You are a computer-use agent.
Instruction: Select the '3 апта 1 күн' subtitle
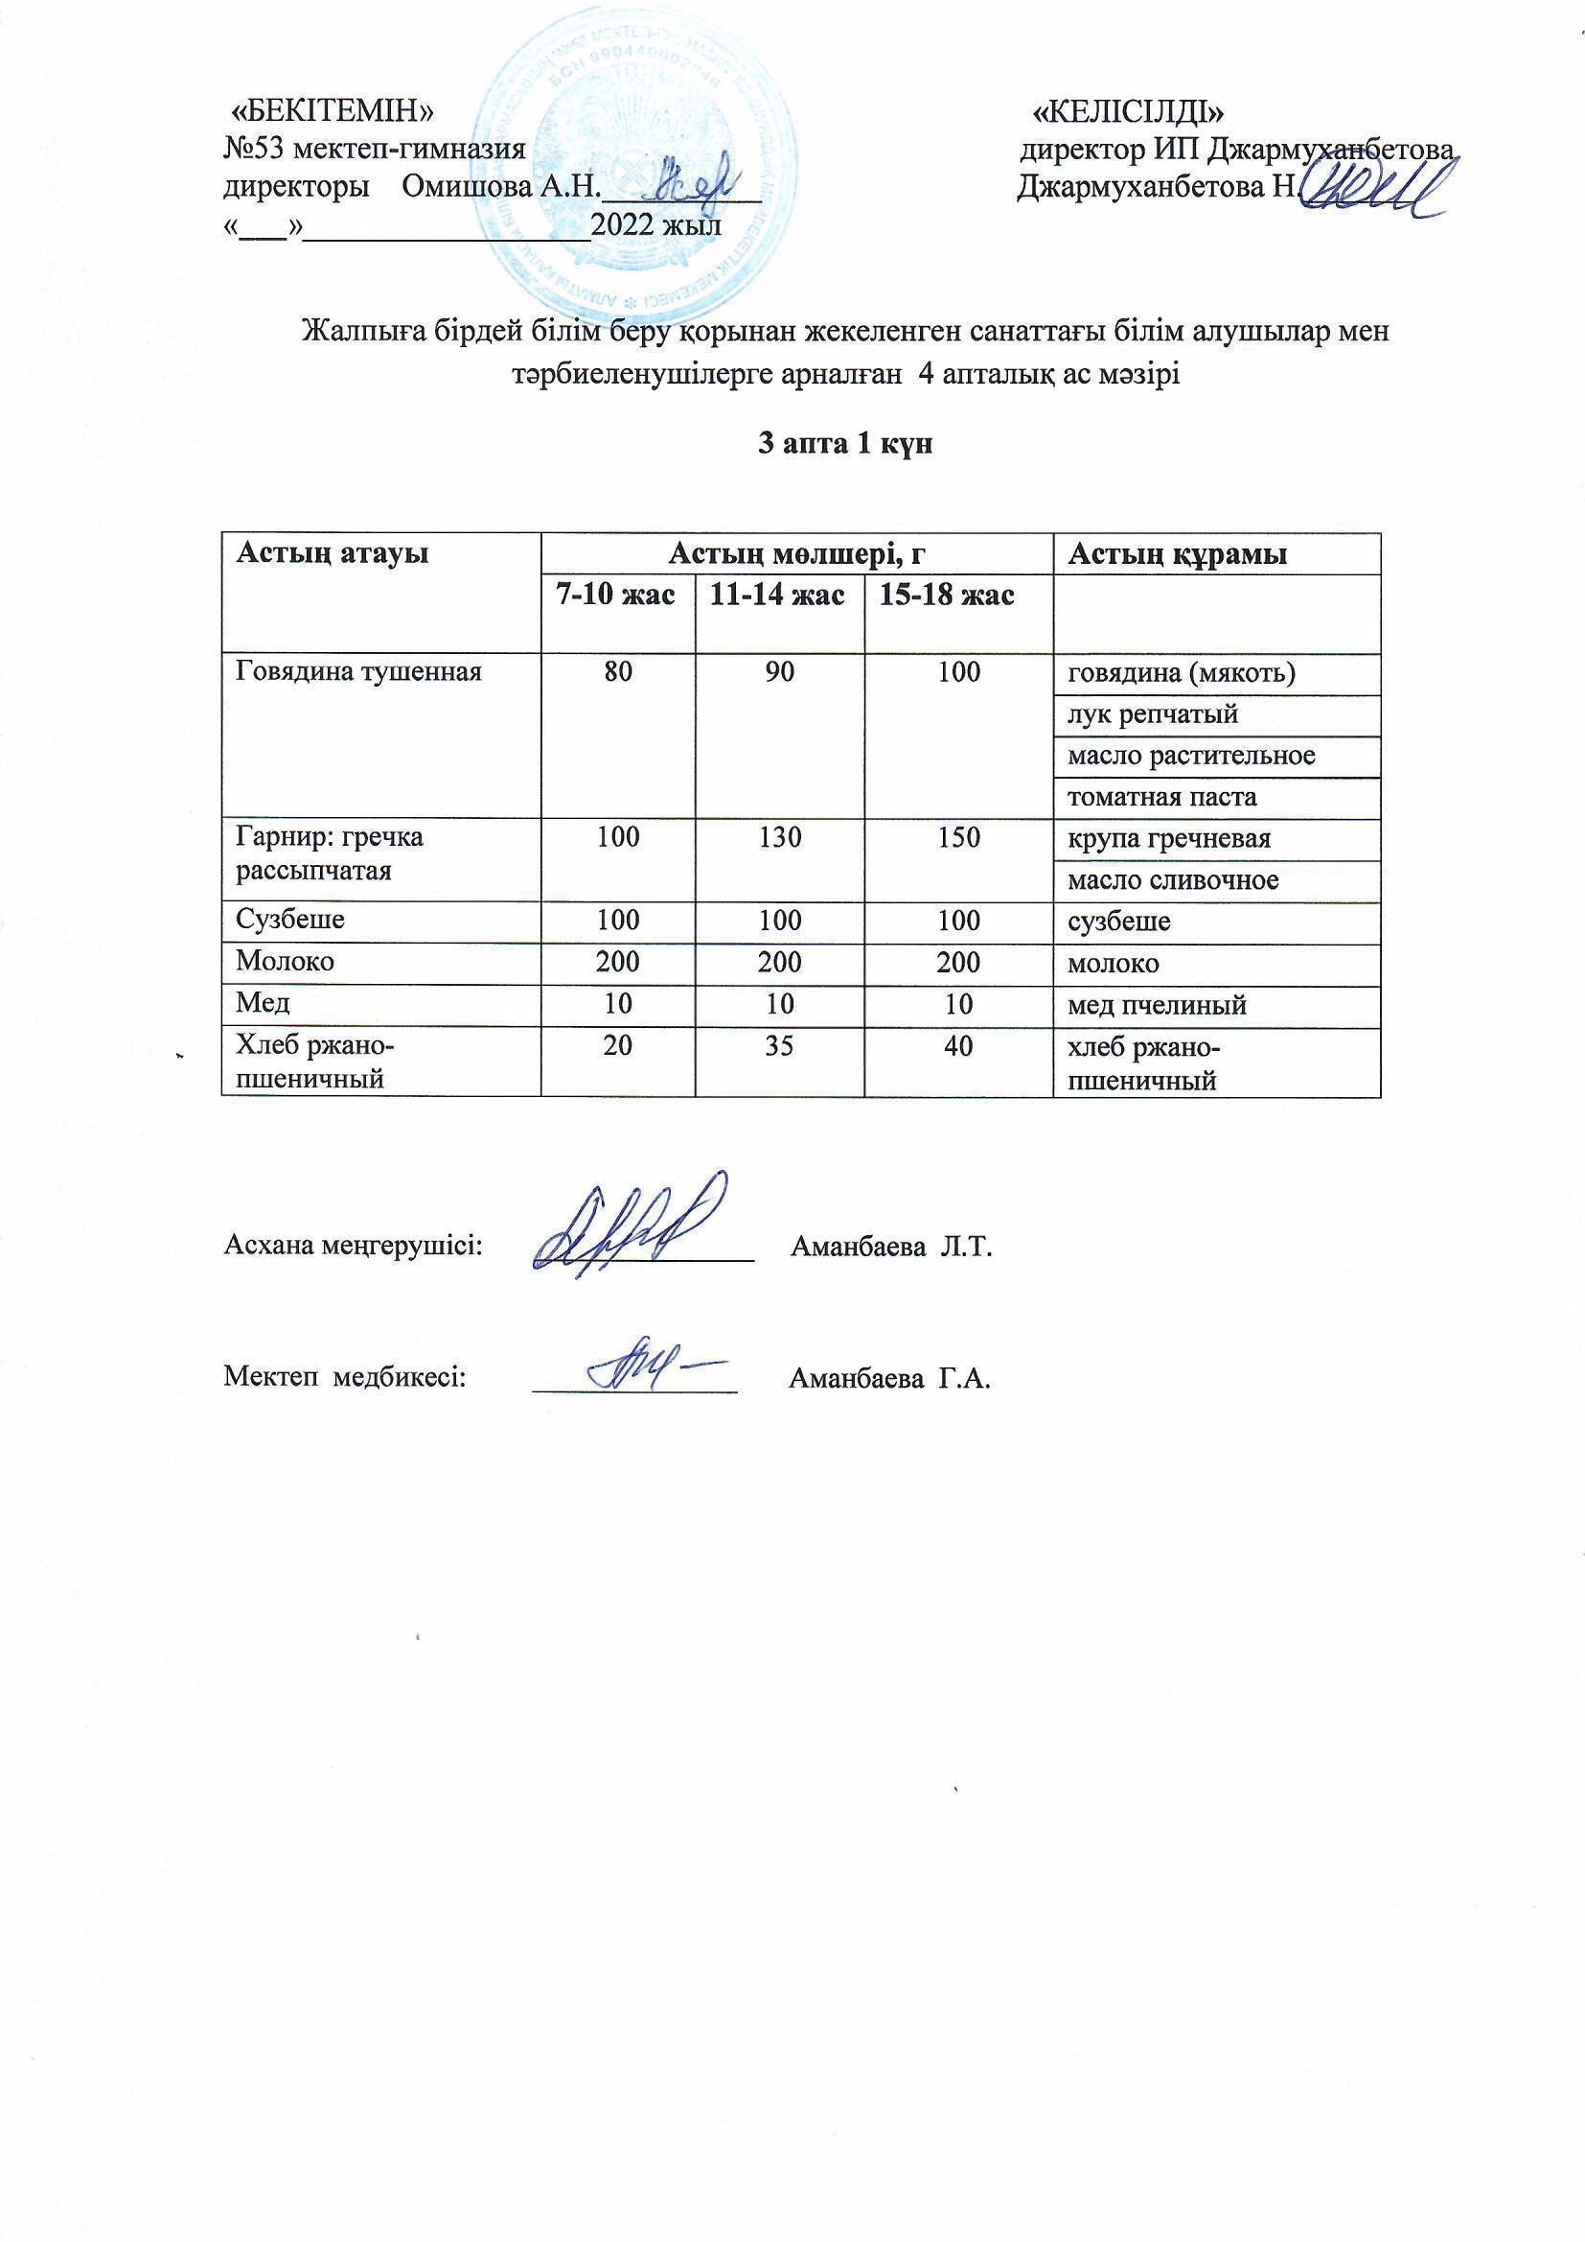(x=846, y=444)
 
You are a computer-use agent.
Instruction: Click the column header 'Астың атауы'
(x=333, y=554)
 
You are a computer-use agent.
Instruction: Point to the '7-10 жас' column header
(x=616, y=595)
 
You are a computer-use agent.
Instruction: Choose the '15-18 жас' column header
(x=947, y=595)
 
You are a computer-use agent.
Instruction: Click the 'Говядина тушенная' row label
(x=359, y=672)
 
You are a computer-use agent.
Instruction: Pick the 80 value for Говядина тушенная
(x=618, y=672)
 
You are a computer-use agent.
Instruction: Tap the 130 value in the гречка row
(x=780, y=838)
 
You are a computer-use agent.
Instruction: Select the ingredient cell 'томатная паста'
(x=1161, y=798)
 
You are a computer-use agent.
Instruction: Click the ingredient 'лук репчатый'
(x=1153, y=714)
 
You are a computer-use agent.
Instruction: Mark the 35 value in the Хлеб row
(x=780, y=1046)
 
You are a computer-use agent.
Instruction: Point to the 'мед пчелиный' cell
(x=1157, y=1005)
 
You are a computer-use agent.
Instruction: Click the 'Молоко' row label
(x=285, y=962)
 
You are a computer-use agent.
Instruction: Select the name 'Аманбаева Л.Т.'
(x=891, y=1247)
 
